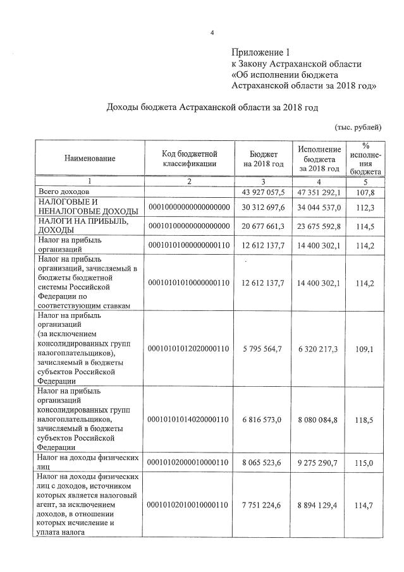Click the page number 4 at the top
(x=212, y=26)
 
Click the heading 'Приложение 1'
(x=260, y=52)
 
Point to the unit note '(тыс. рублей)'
(x=358, y=128)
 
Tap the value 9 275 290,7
(x=321, y=463)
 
